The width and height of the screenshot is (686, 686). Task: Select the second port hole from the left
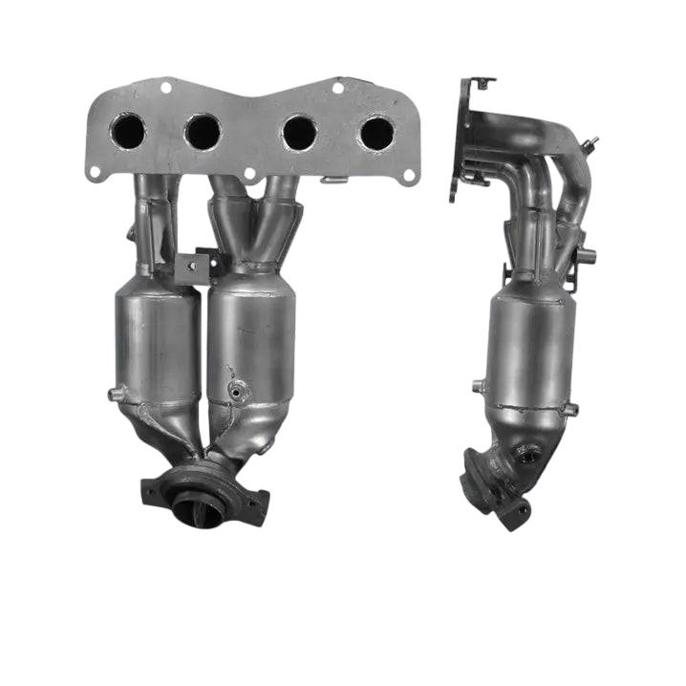pyautogui.click(x=202, y=131)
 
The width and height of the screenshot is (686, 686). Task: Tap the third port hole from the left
pyautogui.click(x=299, y=131)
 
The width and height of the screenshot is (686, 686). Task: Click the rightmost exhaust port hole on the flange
pyautogui.click(x=375, y=132)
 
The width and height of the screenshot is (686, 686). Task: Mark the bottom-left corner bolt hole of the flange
pyautogui.click(x=95, y=172)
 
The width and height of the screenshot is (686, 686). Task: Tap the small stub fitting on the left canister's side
pyautogui.click(x=118, y=393)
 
